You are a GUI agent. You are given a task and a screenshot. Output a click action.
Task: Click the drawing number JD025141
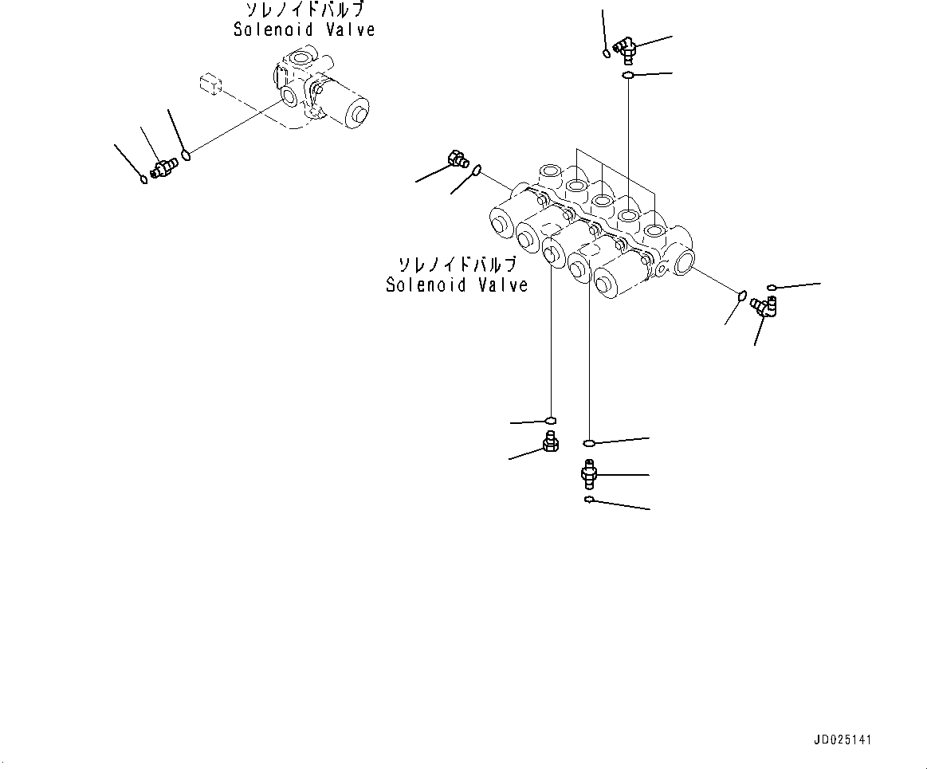(843, 740)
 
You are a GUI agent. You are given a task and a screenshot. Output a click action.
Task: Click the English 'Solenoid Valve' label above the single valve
(304, 29)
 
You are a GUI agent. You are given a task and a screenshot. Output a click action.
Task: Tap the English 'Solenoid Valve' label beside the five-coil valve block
(457, 284)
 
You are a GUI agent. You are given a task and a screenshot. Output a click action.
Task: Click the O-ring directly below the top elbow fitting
(628, 76)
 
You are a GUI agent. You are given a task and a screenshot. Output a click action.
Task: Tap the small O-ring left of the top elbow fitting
(607, 54)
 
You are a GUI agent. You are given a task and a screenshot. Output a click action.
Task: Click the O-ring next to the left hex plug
(477, 170)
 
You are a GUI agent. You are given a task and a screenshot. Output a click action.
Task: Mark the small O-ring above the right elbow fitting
(771, 287)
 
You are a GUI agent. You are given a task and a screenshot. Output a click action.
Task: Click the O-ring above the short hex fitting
(550, 420)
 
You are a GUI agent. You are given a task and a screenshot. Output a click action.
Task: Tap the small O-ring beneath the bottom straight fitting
(587, 500)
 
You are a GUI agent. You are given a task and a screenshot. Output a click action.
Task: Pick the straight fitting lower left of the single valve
(163, 167)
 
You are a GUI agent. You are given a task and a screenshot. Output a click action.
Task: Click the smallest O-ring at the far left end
(143, 179)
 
